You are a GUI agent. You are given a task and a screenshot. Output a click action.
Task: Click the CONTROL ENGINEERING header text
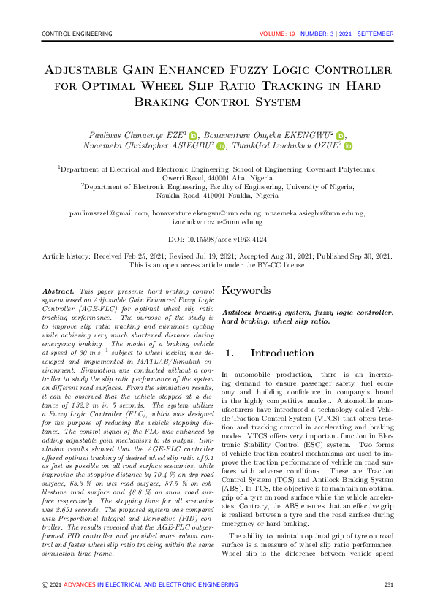pyautogui.click(x=72, y=34)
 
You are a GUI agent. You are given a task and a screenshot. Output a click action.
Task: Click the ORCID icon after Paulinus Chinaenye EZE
pyautogui.click(x=194, y=135)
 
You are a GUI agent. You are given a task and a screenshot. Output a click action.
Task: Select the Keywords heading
pyautogui.click(x=246, y=290)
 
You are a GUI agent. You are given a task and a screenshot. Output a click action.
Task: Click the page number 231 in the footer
pyautogui.click(x=389, y=584)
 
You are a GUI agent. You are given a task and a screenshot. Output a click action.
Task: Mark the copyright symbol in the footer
pyautogui.click(x=45, y=584)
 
